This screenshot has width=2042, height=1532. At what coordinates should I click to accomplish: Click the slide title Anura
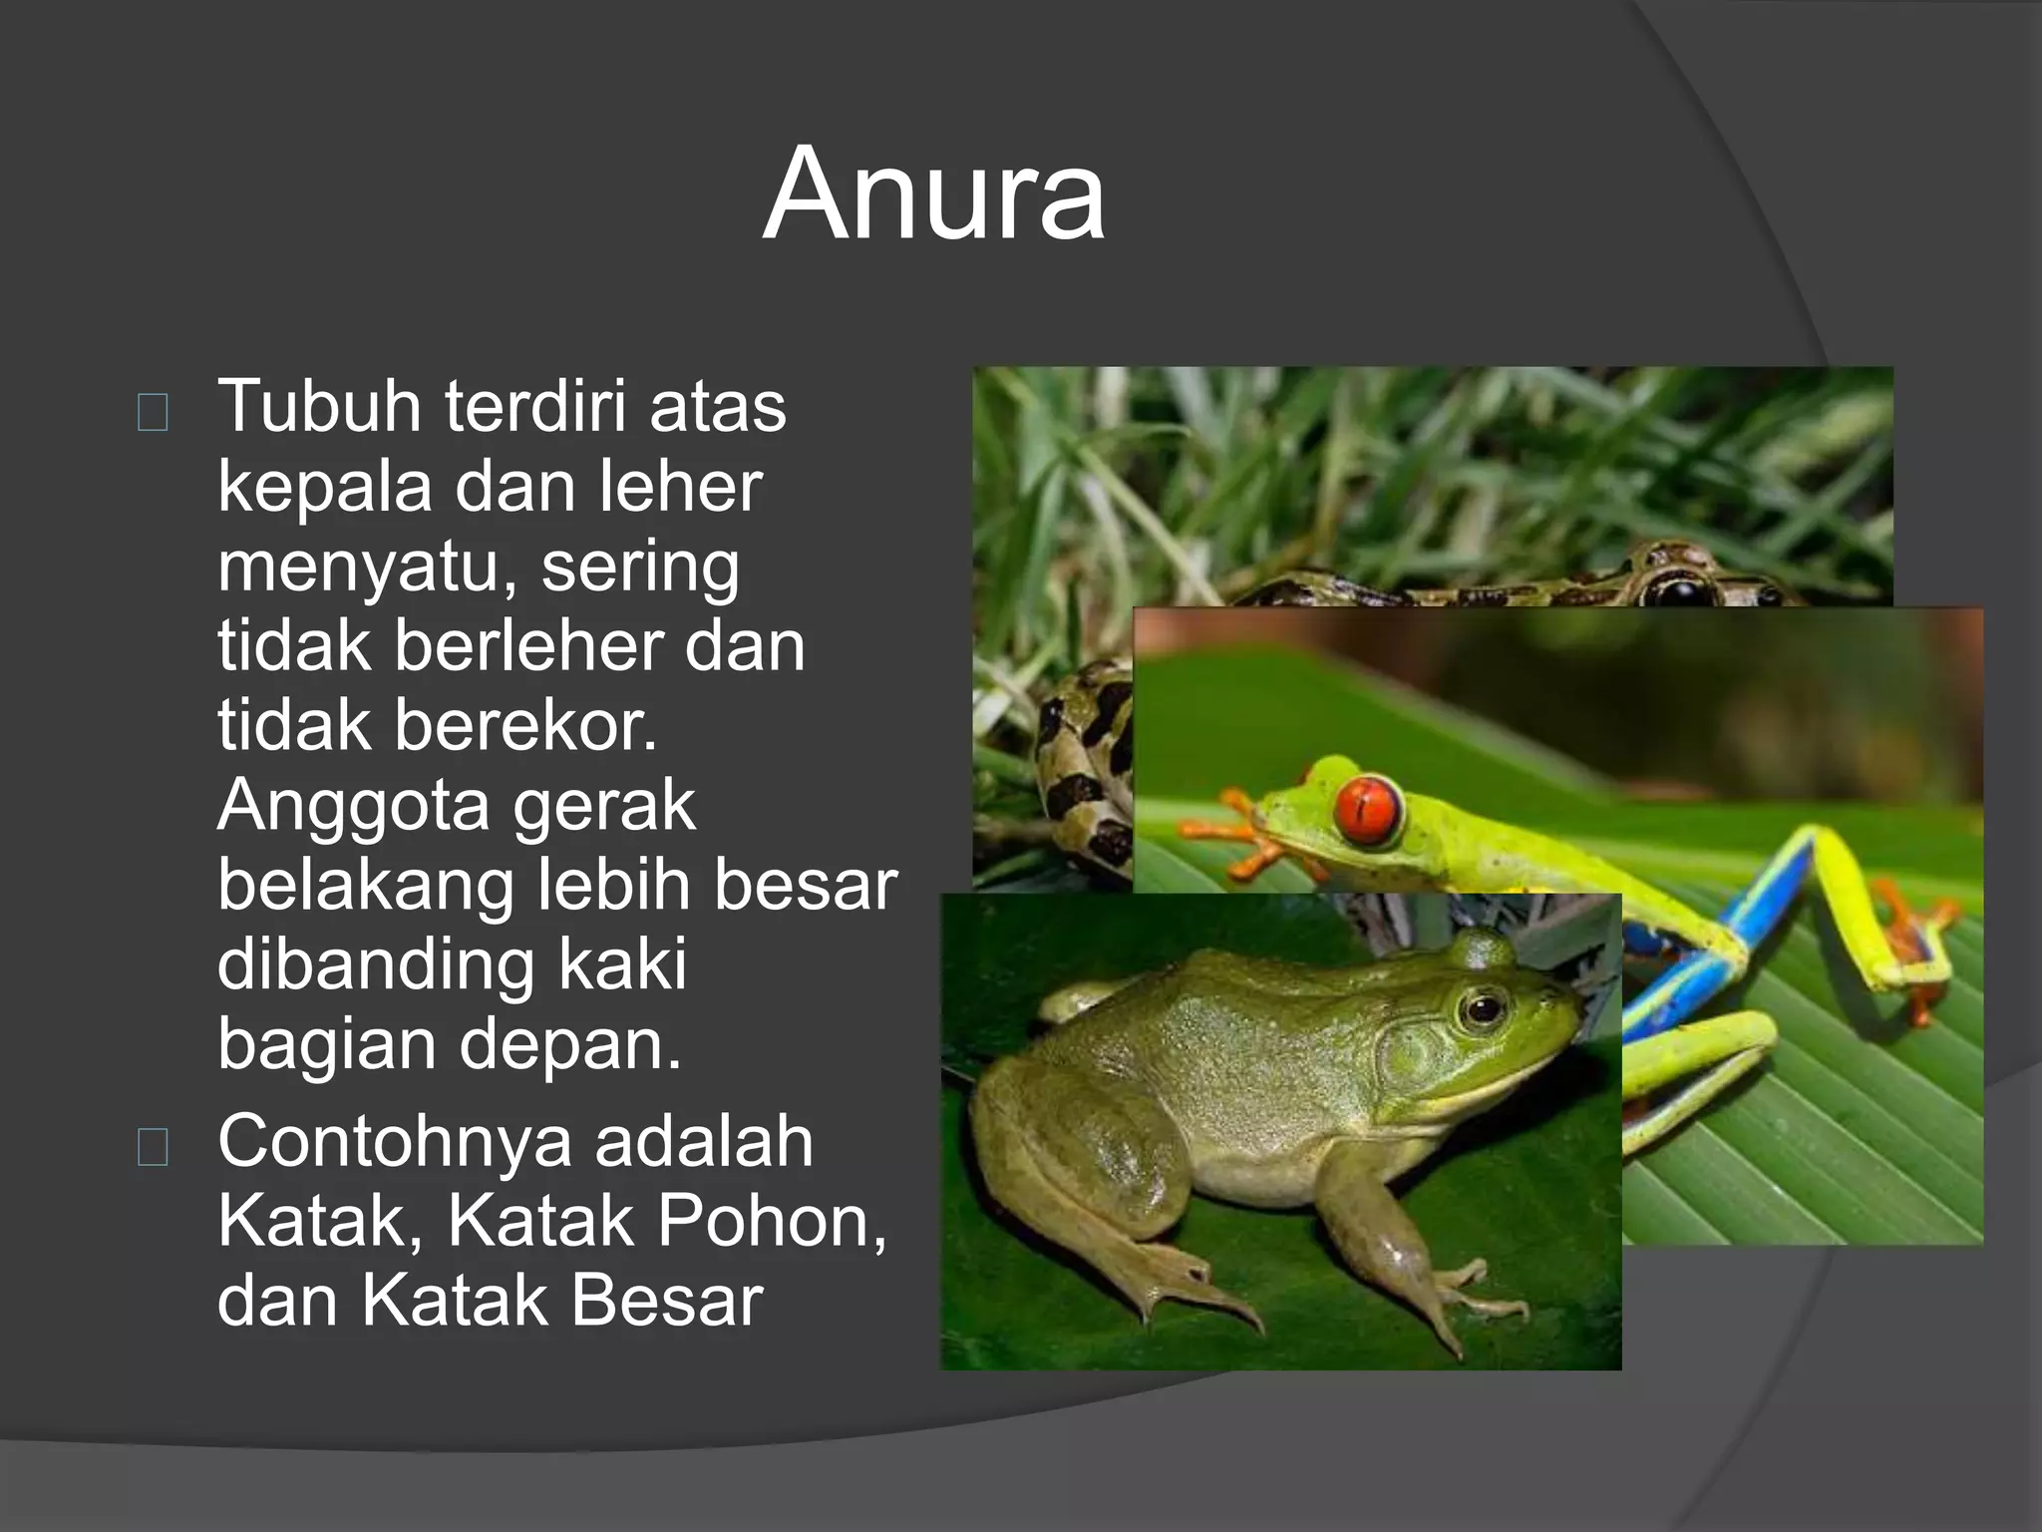click(x=933, y=193)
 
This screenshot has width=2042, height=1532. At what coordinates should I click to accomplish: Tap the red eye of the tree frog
click(x=1368, y=808)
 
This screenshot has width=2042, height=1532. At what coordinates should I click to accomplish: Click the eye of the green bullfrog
click(x=1483, y=1009)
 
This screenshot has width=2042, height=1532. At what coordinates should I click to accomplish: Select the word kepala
click(x=324, y=489)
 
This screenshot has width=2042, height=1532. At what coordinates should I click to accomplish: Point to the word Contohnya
click(x=394, y=1142)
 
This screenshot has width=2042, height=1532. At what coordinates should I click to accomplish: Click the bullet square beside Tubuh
click(x=153, y=412)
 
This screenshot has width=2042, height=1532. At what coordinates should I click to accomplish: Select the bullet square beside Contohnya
click(x=153, y=1148)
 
